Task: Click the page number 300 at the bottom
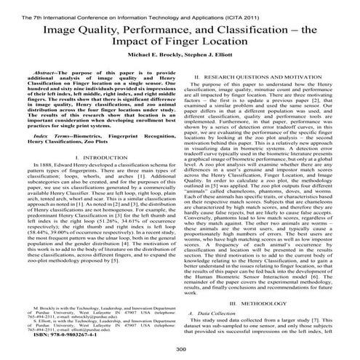tap(180, 349)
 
